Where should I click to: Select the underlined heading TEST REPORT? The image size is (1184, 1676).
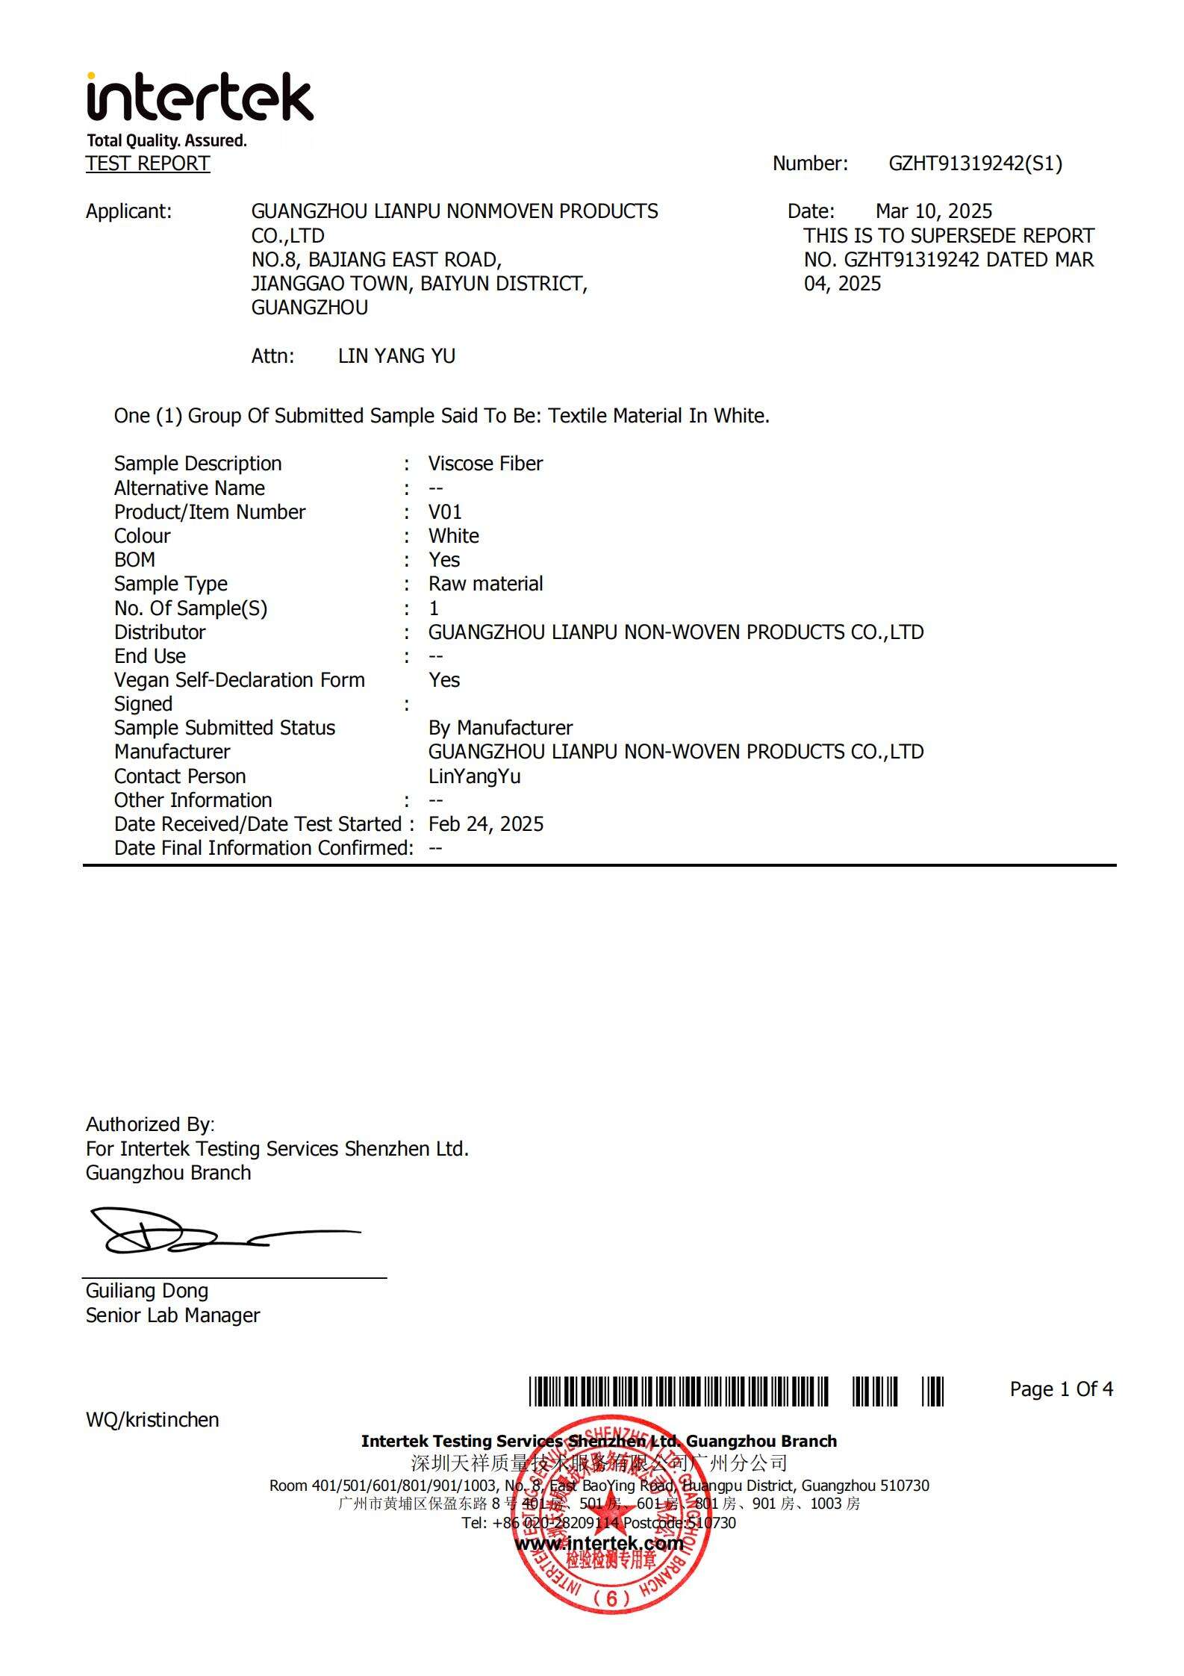[148, 163]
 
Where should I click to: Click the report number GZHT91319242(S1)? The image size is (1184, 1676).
[975, 163]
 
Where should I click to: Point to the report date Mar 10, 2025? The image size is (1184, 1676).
[933, 211]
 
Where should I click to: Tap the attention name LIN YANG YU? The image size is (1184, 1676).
[396, 356]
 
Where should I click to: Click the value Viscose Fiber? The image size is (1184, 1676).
[485, 464]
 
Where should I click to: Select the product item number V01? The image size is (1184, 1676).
[445, 512]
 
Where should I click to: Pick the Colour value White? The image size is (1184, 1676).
[453, 536]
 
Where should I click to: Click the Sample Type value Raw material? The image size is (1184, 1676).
[485, 584]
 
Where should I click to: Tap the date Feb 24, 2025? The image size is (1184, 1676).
[485, 824]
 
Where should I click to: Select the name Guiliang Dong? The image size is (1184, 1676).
[147, 1291]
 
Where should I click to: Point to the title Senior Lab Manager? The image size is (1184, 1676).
[172, 1315]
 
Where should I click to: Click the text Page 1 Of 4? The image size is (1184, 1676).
[1061, 1389]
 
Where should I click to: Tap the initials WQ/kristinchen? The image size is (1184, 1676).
[152, 1420]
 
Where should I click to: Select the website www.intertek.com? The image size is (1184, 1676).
[599, 1543]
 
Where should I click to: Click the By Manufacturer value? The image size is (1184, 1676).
[500, 728]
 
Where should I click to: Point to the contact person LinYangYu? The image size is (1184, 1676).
[474, 776]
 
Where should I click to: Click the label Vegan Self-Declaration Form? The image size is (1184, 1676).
[239, 680]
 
